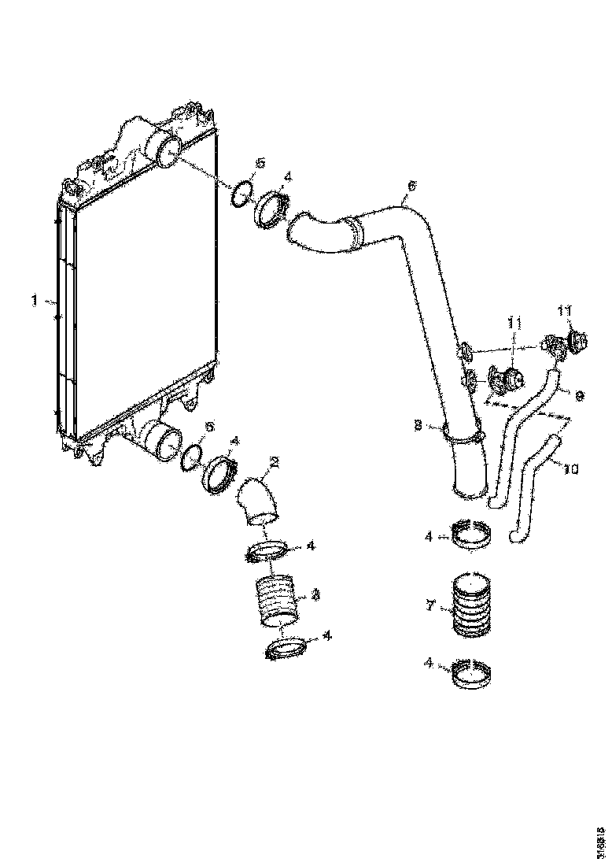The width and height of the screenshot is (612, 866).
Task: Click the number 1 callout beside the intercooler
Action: click(34, 300)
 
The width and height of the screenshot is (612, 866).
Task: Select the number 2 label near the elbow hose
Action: click(275, 463)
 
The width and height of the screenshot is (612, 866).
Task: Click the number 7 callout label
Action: click(430, 605)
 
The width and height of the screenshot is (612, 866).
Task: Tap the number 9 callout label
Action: click(579, 397)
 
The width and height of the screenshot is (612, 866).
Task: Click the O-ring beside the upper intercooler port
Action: click(242, 193)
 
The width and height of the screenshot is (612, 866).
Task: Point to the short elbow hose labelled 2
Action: click(259, 504)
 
